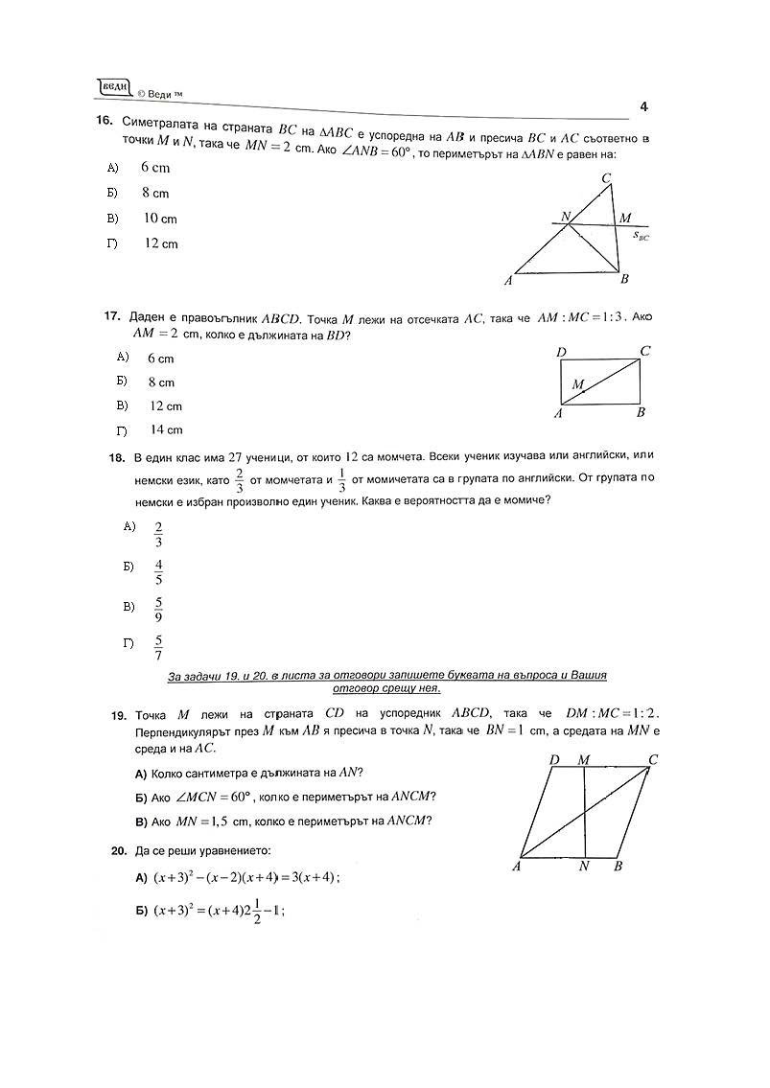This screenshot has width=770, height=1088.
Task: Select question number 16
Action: click(x=105, y=121)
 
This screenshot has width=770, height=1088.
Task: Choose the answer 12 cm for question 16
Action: click(x=161, y=243)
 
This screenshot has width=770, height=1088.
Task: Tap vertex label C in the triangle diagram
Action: click(x=606, y=178)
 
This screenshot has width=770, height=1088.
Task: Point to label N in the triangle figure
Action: click(x=566, y=217)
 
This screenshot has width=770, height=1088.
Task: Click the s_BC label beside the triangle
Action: click(x=642, y=236)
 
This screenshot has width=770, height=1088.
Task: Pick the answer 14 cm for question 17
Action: click(x=165, y=430)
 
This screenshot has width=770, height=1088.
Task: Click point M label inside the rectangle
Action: click(x=578, y=384)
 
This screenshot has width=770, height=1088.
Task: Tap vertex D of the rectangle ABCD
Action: click(x=562, y=353)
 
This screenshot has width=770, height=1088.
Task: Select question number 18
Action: click(x=117, y=458)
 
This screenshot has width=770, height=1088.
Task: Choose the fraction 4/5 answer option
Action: click(x=158, y=571)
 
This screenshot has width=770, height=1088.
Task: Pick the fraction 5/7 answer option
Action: click(x=158, y=648)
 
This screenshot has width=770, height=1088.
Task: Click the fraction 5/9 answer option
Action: click(x=158, y=610)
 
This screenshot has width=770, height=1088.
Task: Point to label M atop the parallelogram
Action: click(x=584, y=760)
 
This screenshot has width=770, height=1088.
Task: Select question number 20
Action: click(x=118, y=850)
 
